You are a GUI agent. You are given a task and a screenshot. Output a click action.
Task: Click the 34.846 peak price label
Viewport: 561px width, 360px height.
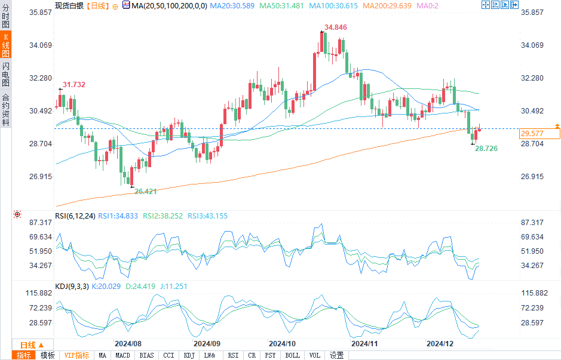coord(335,27)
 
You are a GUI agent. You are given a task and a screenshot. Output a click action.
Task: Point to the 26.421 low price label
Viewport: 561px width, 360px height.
coord(146,191)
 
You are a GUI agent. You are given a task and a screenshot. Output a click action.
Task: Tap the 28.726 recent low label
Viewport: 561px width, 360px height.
coord(486,148)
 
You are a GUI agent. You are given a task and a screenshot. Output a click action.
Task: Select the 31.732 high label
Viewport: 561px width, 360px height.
coord(73,85)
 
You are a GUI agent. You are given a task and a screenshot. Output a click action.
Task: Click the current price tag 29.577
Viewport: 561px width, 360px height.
coord(532,134)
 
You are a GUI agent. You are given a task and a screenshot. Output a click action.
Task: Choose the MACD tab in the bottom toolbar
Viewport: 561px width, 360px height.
coord(123,355)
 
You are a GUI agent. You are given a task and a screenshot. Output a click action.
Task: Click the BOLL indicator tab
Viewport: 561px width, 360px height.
coord(293,355)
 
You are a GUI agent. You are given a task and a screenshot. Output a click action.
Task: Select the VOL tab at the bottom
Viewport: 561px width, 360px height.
coord(315,355)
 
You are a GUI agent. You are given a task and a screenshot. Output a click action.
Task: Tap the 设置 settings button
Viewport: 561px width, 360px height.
coord(336,355)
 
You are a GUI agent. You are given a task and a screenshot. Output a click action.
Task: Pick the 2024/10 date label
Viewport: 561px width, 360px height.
coord(283,344)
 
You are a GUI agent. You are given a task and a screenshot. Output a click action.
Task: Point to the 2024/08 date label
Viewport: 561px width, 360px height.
coord(127,344)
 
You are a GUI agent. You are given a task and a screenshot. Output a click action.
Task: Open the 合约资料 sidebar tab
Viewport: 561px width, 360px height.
coord(5,110)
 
